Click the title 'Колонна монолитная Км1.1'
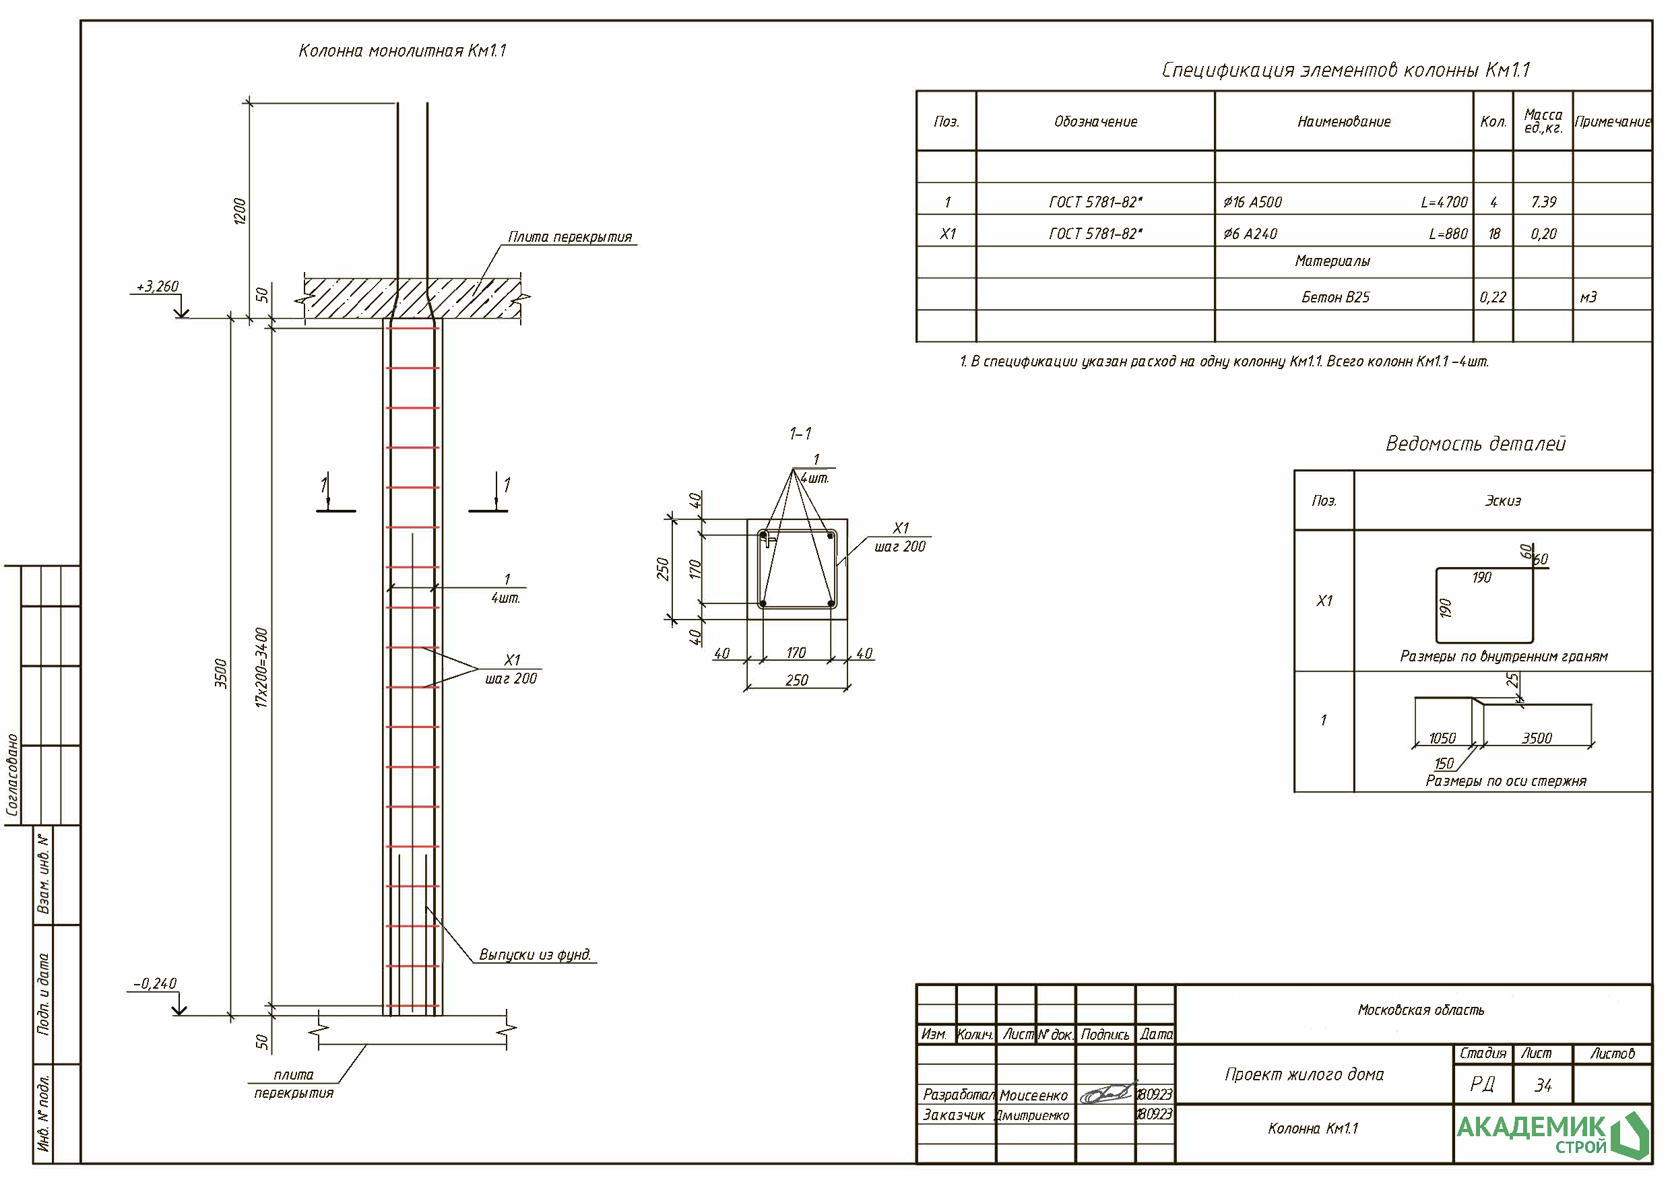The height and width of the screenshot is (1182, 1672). (402, 51)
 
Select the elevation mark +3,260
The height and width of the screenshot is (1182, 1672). (157, 286)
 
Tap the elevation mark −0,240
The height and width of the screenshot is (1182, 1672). (154, 983)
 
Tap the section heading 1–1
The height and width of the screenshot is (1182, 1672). (800, 433)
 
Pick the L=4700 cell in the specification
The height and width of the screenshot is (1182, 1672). (1444, 202)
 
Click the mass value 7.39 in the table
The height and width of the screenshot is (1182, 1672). (1543, 202)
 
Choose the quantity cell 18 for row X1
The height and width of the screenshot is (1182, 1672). (1493, 234)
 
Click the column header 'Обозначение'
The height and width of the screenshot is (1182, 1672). (1095, 122)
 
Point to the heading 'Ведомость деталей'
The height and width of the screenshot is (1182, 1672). (1475, 444)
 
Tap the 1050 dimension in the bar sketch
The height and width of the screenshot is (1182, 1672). (1442, 738)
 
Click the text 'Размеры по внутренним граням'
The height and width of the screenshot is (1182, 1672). (1503, 656)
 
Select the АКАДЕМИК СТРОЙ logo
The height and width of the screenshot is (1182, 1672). (1551, 1134)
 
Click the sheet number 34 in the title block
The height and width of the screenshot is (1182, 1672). (1543, 1085)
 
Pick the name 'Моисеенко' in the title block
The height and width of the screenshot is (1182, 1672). (1033, 1095)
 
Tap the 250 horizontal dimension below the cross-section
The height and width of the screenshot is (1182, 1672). (797, 680)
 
